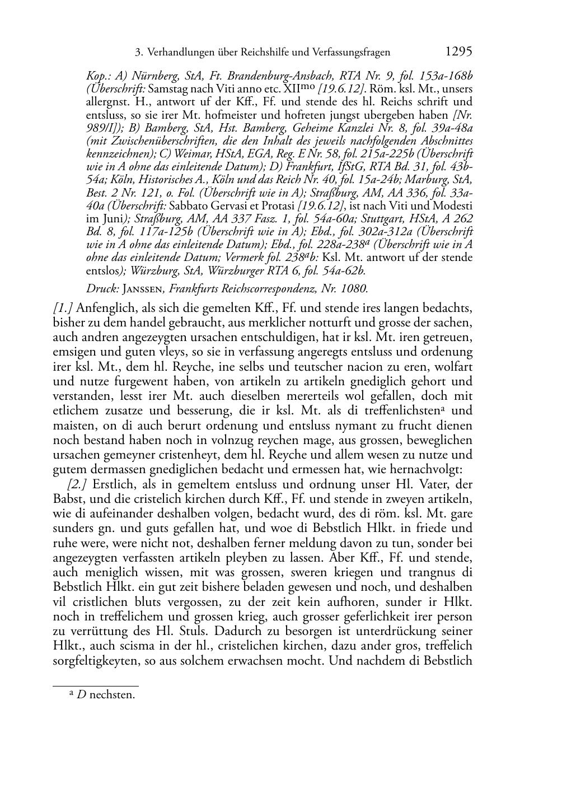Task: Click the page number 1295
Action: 458,52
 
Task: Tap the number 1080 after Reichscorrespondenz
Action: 353,289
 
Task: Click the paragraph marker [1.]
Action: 63,309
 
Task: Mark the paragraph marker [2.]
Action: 77,484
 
